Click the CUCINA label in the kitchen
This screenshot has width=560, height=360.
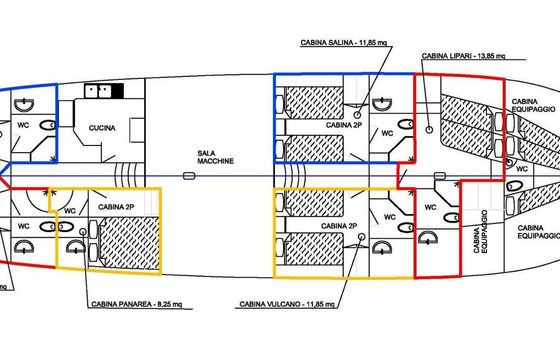pyautogui.click(x=102, y=128)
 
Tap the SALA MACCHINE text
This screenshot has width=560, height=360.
pyautogui.click(x=215, y=157)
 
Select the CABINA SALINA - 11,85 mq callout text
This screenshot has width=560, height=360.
pyautogui.click(x=344, y=42)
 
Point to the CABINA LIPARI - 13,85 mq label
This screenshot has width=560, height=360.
pyautogui.click(x=463, y=56)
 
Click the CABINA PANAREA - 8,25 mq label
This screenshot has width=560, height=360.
pyautogui.click(x=137, y=304)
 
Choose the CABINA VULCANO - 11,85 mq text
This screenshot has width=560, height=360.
pyautogui.click(x=287, y=304)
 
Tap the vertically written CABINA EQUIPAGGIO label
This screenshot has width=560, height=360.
pyautogui.click(x=480, y=232)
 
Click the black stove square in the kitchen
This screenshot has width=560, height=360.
pyautogui.click(x=118, y=91)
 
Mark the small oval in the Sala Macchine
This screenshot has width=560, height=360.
pyautogui.click(x=189, y=176)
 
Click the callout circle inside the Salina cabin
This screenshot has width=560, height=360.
pyautogui.click(x=357, y=115)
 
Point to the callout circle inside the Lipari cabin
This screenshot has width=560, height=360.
pyautogui.click(x=430, y=130)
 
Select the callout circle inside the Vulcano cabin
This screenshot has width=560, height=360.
pyautogui.click(x=362, y=236)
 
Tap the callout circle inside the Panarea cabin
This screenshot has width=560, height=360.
pyautogui.click(x=83, y=232)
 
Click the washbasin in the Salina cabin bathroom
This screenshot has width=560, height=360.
pyautogui.click(x=382, y=104)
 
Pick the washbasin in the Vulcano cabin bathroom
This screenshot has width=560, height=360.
pyautogui.click(x=382, y=247)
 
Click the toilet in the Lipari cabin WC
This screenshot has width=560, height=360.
pyautogui.click(x=452, y=217)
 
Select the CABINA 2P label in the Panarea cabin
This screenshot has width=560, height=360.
pyautogui.click(x=116, y=207)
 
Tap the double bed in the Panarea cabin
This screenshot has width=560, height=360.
pyautogui.click(x=129, y=242)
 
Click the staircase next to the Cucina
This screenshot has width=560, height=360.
pyautogui.click(x=126, y=175)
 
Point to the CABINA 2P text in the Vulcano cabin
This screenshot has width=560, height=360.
pyautogui.click(x=339, y=226)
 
